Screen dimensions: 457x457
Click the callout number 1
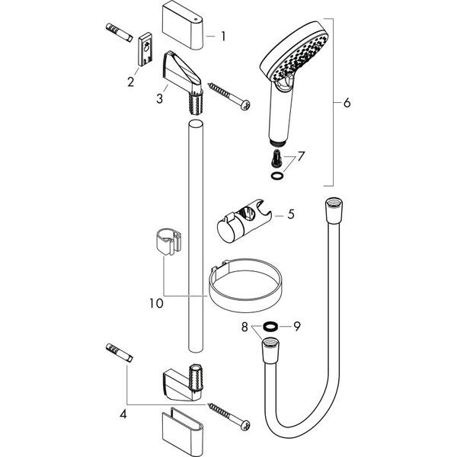pos(223,36)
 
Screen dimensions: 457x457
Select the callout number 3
pos(160,98)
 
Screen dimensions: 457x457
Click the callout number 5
pos(289,216)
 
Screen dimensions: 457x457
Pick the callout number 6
pos(347,103)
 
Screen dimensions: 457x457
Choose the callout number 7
pos(302,156)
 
